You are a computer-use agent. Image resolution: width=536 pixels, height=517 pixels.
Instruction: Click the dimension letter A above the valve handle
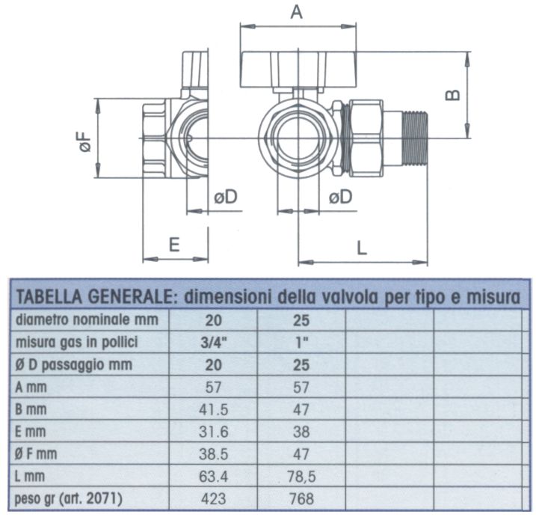click(x=297, y=12)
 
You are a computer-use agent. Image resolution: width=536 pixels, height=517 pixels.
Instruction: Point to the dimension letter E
click(x=173, y=245)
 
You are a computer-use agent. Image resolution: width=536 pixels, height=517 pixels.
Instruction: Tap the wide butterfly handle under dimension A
click(x=296, y=71)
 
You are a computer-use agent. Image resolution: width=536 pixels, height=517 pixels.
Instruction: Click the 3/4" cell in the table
click(x=215, y=342)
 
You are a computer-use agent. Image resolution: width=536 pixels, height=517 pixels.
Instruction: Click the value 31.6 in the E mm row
click(x=215, y=432)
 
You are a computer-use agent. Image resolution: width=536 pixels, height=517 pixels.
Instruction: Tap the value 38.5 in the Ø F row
click(x=215, y=454)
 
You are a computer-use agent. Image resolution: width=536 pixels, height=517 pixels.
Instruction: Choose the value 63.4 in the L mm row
click(x=215, y=477)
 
